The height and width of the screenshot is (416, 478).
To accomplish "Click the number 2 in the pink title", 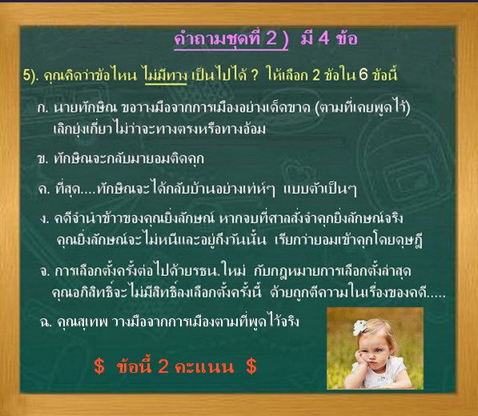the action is tap(271, 38).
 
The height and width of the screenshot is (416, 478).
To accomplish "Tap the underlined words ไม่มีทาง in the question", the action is tap(166, 75).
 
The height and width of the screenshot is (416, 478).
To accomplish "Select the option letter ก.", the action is tap(43, 108).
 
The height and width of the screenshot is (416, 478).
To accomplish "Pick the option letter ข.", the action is tap(42, 159).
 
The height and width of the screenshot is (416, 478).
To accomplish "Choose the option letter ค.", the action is tap(44, 190).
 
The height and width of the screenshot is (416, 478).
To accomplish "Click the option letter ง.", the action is tap(44, 219).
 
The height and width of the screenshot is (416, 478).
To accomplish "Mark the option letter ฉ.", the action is tap(46, 322).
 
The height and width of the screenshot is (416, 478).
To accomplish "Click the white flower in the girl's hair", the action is tap(360, 327).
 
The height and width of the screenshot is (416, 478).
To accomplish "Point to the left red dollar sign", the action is tap(99, 366).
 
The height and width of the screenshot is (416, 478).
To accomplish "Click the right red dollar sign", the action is tap(251, 366).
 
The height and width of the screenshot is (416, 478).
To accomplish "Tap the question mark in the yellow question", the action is tap(255, 75).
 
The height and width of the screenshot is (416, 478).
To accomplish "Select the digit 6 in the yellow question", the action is tap(364, 75).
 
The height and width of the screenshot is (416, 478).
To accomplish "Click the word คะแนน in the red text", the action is tap(204, 366).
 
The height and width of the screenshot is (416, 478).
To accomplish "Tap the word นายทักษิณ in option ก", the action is tap(86, 108).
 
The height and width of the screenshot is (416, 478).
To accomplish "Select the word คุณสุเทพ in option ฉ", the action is tap(82, 322).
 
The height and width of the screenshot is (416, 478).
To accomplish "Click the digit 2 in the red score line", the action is tap(163, 366).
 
